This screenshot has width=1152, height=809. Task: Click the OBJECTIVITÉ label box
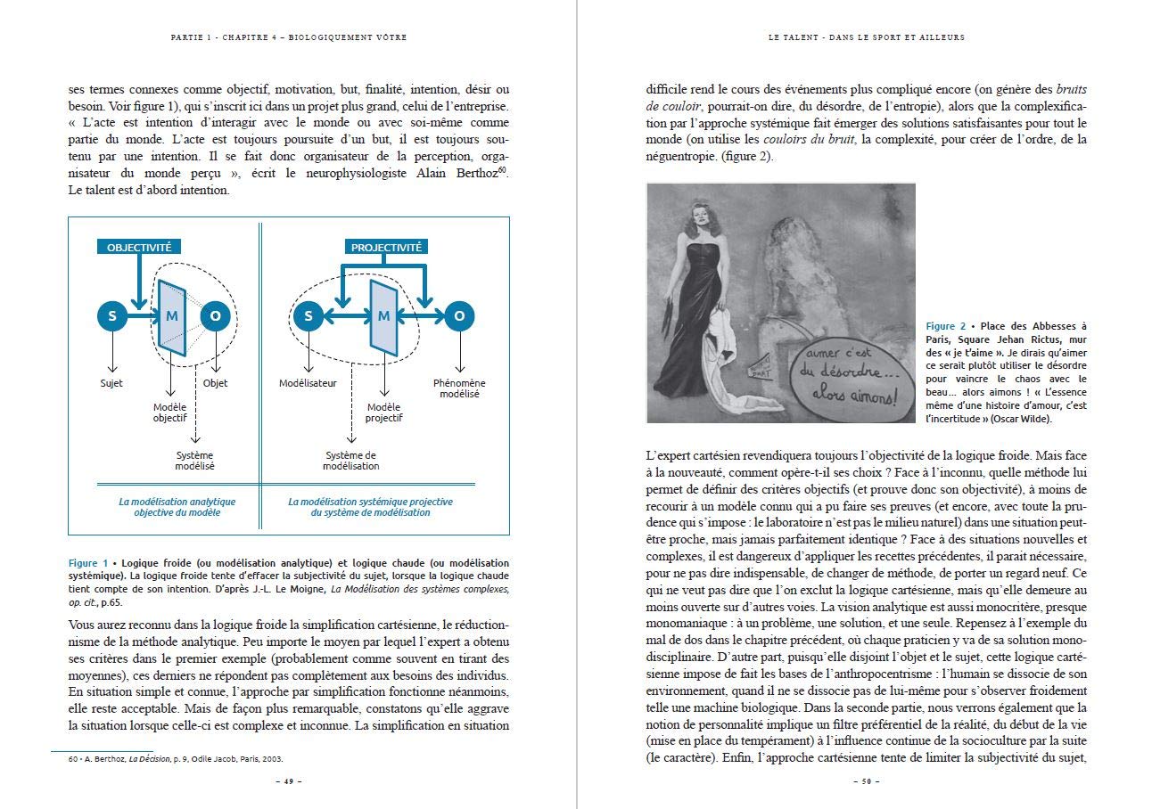click(139, 247)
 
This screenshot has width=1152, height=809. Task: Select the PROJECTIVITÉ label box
click(386, 247)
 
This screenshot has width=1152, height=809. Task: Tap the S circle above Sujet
click(112, 315)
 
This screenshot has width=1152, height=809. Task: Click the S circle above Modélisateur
click(309, 315)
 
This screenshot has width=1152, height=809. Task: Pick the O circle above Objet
click(215, 315)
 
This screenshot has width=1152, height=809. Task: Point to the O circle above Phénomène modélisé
click(459, 315)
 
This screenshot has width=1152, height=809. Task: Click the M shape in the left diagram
click(171, 315)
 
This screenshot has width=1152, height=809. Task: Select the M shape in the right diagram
click(384, 315)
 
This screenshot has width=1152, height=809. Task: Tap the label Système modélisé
click(194, 460)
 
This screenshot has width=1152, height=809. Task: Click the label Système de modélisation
click(350, 460)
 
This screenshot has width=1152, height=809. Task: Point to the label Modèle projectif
click(384, 412)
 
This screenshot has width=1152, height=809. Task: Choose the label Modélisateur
click(309, 383)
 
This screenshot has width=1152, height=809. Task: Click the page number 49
click(288, 781)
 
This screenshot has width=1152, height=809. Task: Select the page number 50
click(865, 781)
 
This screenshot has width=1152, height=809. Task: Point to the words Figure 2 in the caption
click(946, 326)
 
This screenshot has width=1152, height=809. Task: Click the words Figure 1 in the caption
click(88, 563)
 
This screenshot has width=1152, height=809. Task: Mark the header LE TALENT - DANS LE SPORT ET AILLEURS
click(866, 37)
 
